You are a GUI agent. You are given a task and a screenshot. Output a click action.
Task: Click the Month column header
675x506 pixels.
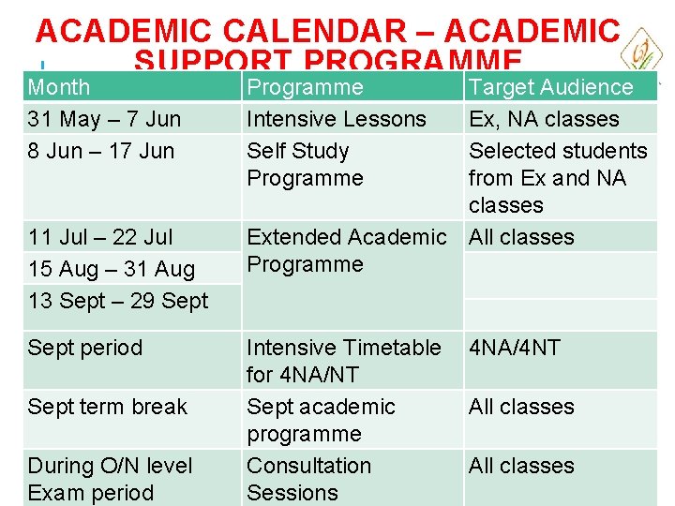coord(59,87)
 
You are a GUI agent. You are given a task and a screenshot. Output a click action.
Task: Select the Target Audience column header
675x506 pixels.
coord(551,87)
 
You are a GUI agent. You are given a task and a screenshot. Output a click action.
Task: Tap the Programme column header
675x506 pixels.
coord(305,87)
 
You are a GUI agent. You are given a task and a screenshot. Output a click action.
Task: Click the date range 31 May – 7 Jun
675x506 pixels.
coord(104,119)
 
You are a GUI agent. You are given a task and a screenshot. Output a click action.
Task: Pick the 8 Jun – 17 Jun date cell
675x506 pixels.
coord(101,151)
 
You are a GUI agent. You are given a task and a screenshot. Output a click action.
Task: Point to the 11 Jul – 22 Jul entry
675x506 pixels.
coord(101,237)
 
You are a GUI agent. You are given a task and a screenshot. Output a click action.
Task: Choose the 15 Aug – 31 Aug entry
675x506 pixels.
coord(112,269)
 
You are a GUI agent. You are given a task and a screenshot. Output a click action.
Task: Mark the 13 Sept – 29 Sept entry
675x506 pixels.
coord(118,301)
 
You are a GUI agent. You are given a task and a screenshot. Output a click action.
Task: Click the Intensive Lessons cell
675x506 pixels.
coord(336,119)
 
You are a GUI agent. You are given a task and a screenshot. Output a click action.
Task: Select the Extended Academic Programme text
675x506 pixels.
coord(346,251)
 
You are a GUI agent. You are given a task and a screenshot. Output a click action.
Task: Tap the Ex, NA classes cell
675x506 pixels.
coord(544,119)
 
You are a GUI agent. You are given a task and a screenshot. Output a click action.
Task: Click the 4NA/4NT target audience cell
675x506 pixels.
coord(515,348)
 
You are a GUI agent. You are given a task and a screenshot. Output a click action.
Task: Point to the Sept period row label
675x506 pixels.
coord(85,348)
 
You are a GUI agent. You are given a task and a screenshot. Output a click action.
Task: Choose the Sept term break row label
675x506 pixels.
coord(108,407)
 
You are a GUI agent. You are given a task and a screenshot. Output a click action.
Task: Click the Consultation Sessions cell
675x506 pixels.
coord(308,479)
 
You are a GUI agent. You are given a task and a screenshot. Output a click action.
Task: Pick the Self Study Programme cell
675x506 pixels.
coord(304,164)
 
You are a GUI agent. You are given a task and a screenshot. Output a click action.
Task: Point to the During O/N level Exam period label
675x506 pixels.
coord(110,479)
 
